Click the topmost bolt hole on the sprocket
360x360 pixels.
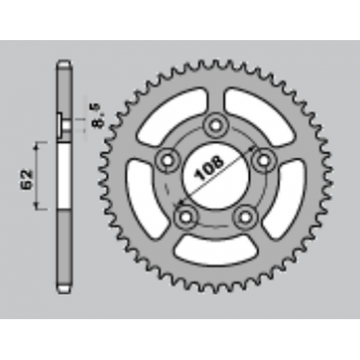pos(214,127)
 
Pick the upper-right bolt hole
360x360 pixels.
pos(264,158)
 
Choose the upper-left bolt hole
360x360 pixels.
pos(167,160)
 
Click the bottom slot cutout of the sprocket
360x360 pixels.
pos(215,249)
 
